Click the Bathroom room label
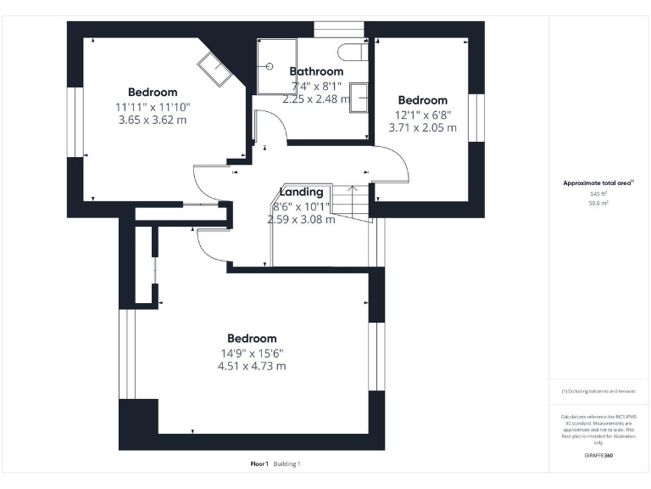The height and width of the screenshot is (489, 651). [316, 71]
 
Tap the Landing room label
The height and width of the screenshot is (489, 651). [301, 192]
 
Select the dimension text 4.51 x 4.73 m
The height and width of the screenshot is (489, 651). [252, 367]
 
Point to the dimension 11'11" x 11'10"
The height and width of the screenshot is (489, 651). [153, 107]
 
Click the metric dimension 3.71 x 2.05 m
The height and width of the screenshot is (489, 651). [422, 128]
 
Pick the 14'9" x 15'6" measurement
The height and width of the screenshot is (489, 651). [252, 353]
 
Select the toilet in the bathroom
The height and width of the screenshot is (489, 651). [351, 50]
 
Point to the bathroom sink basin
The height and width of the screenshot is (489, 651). [359, 97]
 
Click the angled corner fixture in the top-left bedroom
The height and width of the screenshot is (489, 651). [216, 68]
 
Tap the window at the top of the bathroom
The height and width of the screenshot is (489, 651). [332, 29]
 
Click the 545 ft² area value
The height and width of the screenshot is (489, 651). [598, 194]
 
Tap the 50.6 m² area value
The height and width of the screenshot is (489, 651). [598, 204]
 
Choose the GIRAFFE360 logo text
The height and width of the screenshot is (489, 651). [598, 456]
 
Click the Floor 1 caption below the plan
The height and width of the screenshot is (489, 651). [259, 464]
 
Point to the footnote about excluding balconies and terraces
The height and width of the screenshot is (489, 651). [598, 391]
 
